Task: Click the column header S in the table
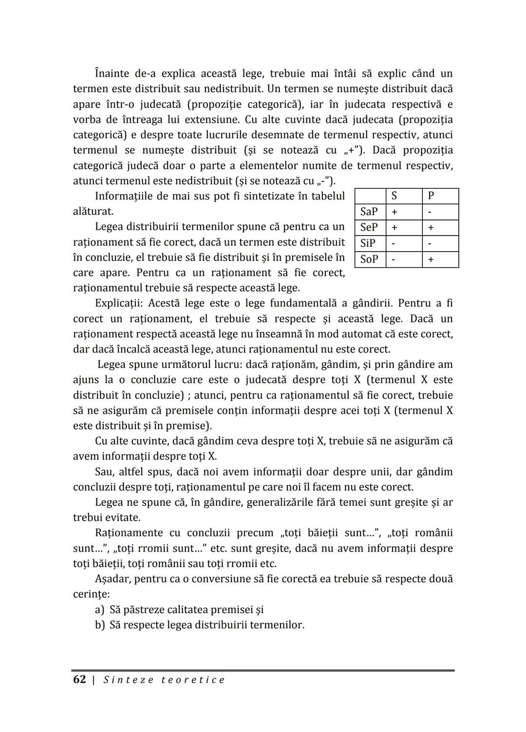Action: pos(394,196)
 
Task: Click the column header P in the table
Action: pos(431,196)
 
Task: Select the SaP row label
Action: pos(369,212)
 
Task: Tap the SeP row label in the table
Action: pos(369,228)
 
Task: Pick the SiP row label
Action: pos(368,243)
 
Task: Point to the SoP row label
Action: pos(369,259)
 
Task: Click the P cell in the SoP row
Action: pos(431,260)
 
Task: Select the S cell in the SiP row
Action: pos(394,244)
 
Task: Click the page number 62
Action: pos(79,680)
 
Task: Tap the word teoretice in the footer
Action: pos(193,680)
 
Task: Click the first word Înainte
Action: pos(112,74)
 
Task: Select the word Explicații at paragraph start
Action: pos(118,303)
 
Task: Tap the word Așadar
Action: pos(112,579)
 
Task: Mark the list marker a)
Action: pos(100,610)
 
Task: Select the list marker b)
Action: pos(100,625)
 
